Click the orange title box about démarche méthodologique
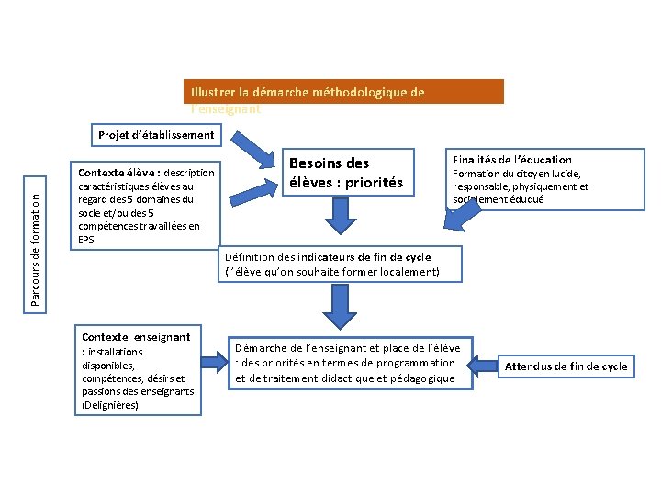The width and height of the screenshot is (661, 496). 343,92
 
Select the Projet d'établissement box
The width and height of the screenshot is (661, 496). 156,135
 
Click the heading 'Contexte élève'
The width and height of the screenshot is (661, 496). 116,173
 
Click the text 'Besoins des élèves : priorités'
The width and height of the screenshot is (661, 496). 346,173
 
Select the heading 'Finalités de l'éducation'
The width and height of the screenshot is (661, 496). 511,160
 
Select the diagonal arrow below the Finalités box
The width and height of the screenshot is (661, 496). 467,212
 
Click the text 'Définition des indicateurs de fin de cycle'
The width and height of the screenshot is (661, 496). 328,257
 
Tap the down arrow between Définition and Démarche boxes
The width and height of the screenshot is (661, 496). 340,308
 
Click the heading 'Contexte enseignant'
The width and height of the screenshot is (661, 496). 136,337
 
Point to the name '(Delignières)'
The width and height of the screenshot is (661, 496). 110,404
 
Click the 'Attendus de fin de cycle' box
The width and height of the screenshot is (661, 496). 566,366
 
